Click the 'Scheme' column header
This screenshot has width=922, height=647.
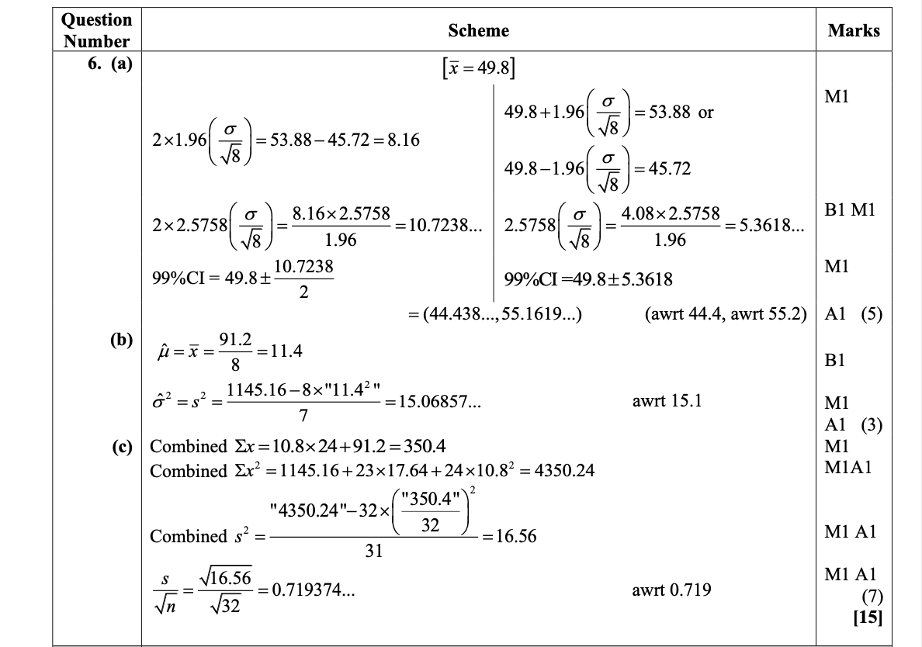tap(478, 31)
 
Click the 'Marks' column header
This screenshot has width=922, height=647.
tap(854, 31)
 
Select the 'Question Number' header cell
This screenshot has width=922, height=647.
tap(97, 30)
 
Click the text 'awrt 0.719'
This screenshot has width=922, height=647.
tap(671, 590)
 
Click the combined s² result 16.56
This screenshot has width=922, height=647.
tap(513, 536)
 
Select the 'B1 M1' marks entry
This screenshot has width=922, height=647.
tap(850, 210)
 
